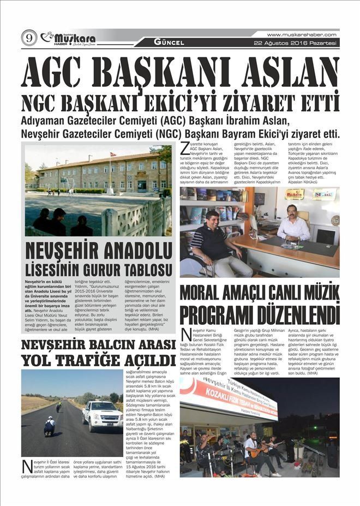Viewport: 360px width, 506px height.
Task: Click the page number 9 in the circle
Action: coord(28,38)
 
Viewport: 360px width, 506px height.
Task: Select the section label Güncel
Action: coord(169,42)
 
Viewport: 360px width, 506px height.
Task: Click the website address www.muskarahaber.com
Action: coord(301,34)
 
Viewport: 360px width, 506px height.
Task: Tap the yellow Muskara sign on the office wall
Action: coord(295,194)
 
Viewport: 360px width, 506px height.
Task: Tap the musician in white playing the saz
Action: coord(252,451)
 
